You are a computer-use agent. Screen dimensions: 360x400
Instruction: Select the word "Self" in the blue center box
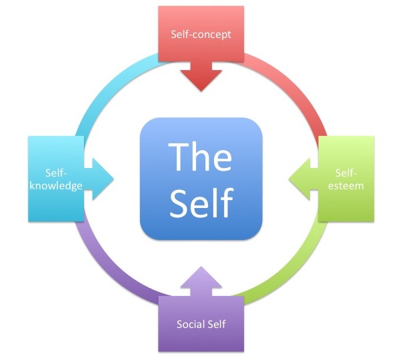pyautogui.click(x=200, y=201)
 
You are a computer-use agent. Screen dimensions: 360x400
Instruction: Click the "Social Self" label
pyautogui.click(x=201, y=325)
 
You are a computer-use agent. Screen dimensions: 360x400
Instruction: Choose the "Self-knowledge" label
pyautogui.click(x=56, y=178)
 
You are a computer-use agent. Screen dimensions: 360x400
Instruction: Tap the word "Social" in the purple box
pyautogui.click(x=189, y=325)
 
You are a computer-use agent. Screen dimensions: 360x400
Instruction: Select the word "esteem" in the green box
pyautogui.click(x=347, y=186)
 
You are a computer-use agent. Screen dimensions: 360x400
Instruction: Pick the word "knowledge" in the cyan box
pyautogui.click(x=56, y=185)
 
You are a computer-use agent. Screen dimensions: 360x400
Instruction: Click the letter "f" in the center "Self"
pyautogui.click(x=226, y=199)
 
